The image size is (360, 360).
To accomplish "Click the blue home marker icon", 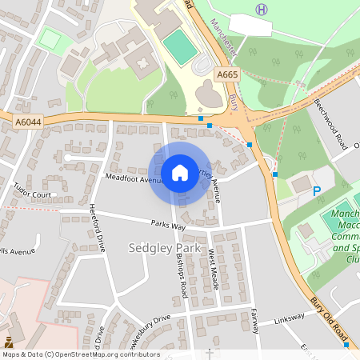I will coord(180,172).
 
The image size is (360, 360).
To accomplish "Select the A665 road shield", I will coord(227,74).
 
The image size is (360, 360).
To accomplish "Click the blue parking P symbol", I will coord(317,191).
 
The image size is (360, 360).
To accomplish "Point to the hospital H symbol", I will coord(261,10).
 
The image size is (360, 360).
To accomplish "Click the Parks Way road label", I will coord(168,227).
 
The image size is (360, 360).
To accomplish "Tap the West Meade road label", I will coord(214,268).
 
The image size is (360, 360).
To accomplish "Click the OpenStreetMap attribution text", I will coord(81,354).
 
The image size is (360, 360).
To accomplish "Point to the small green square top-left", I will coord(50,38).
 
